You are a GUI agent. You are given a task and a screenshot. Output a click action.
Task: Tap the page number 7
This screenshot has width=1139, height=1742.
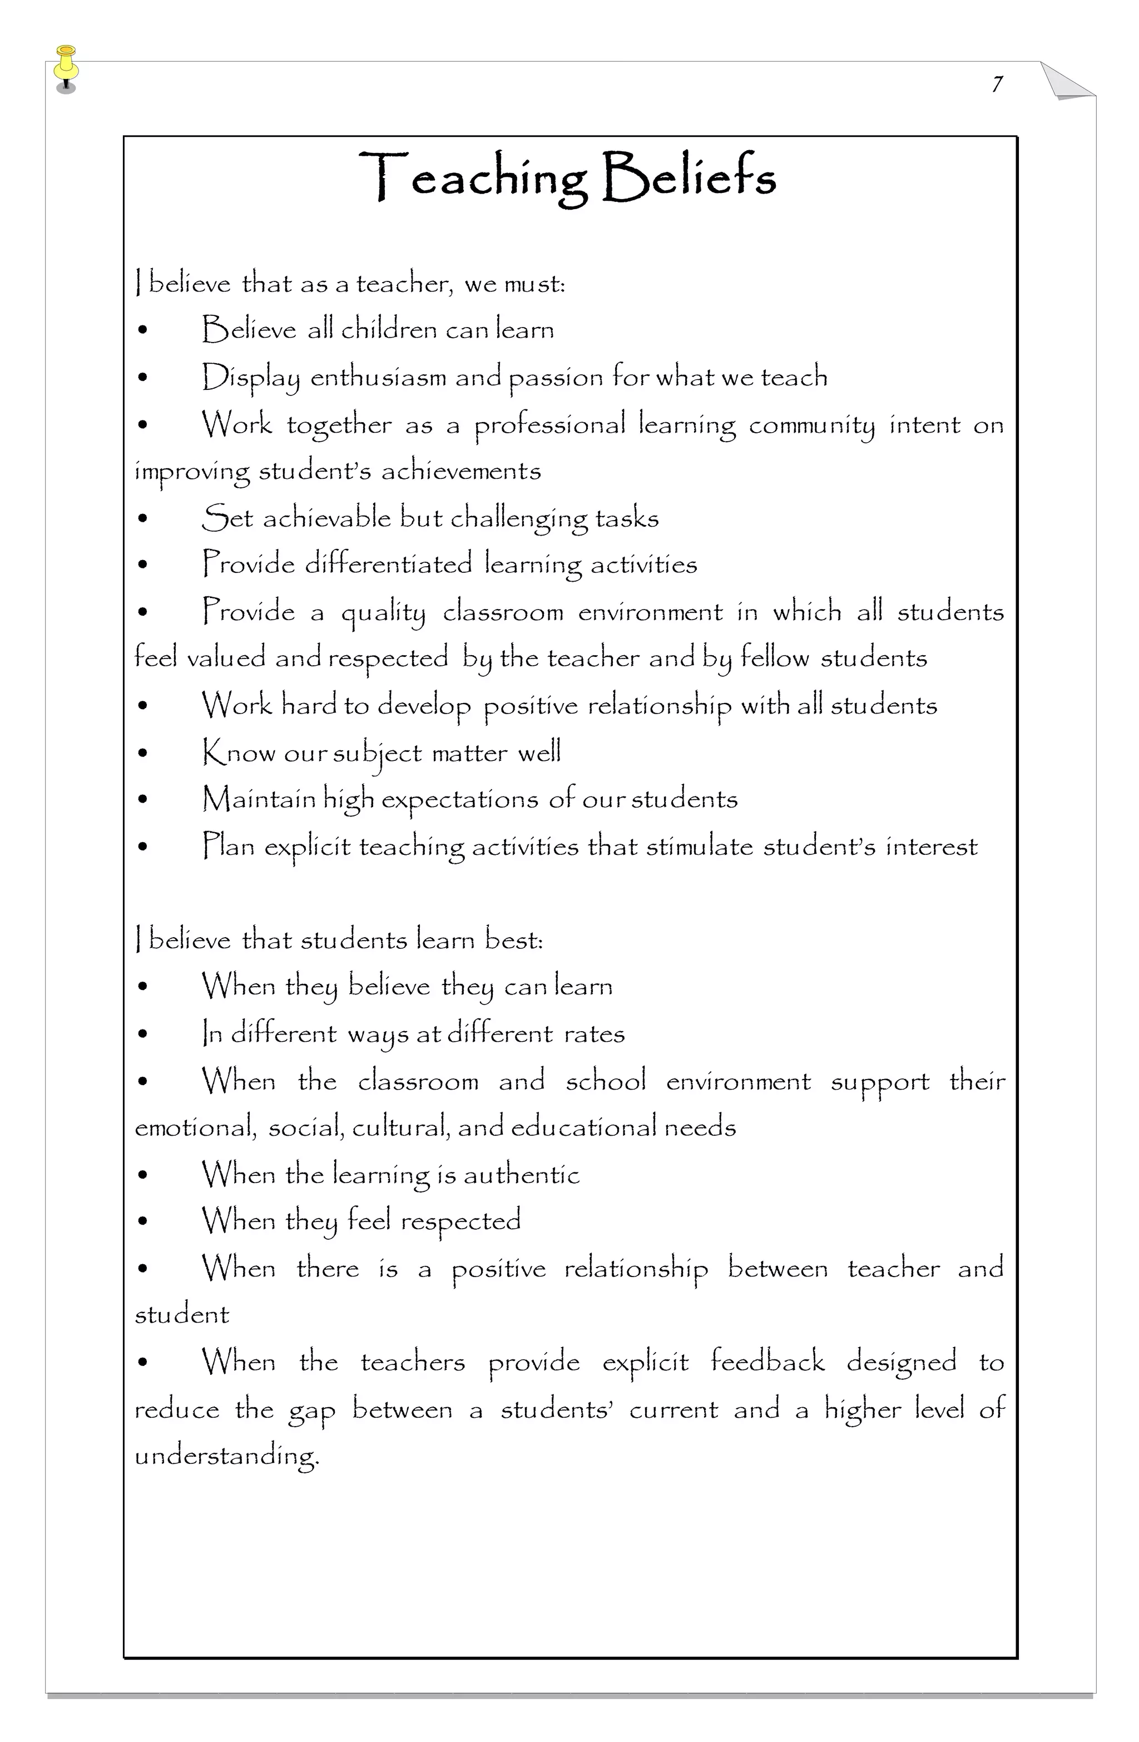tap(997, 84)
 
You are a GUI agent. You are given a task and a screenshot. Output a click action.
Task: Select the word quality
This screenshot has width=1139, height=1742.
tap(383, 612)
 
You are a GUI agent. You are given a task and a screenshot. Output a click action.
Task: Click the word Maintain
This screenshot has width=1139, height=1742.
tap(259, 799)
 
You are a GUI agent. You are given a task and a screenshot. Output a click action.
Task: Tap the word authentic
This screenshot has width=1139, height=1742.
tap(521, 1175)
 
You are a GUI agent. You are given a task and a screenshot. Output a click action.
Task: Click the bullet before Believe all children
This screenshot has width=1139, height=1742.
tap(143, 331)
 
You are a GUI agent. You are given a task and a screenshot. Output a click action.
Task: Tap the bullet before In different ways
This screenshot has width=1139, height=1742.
tap(143, 1034)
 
